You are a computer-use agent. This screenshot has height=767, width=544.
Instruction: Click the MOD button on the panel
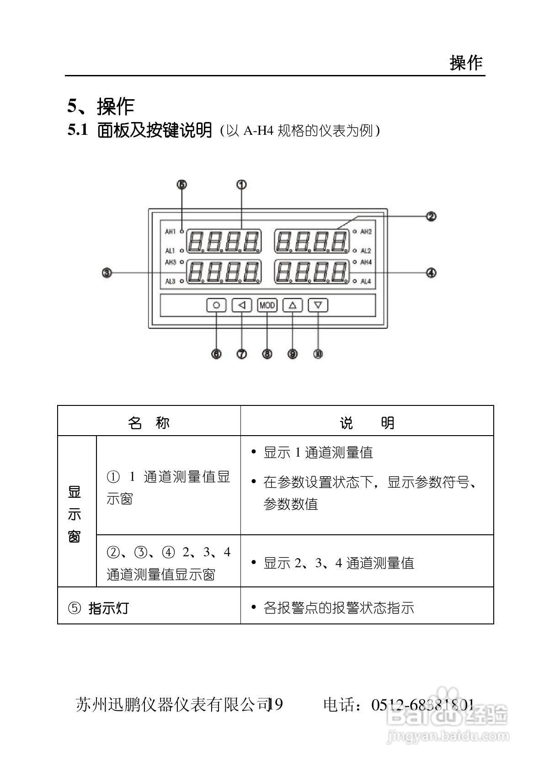[x=267, y=305]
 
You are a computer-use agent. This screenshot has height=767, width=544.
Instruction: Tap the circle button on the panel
[x=216, y=305]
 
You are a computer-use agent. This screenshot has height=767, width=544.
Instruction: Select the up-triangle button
[x=293, y=305]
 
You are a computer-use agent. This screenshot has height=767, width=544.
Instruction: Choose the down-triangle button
[x=318, y=305]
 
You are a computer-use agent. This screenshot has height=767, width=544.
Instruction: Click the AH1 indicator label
[x=170, y=232]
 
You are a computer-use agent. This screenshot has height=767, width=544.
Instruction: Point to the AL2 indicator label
[x=366, y=251]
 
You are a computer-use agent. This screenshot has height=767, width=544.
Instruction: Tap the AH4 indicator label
[x=366, y=262]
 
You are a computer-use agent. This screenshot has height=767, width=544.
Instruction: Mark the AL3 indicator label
[x=170, y=281]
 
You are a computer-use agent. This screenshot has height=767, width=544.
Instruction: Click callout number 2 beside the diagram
[x=431, y=216]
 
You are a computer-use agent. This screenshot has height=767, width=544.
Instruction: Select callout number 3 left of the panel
[x=107, y=273]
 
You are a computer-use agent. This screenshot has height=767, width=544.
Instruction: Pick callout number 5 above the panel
[x=182, y=185]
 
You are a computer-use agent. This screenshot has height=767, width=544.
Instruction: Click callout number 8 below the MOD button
[x=267, y=354]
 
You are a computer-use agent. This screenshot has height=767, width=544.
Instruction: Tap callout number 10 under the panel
[x=318, y=354]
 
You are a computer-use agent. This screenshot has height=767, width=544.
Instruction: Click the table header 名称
[x=149, y=423]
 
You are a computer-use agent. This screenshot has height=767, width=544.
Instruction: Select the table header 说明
[x=367, y=423]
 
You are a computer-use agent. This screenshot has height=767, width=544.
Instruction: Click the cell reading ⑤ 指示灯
[x=99, y=608]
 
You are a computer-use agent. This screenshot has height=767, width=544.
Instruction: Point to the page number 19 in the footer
[x=276, y=704]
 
